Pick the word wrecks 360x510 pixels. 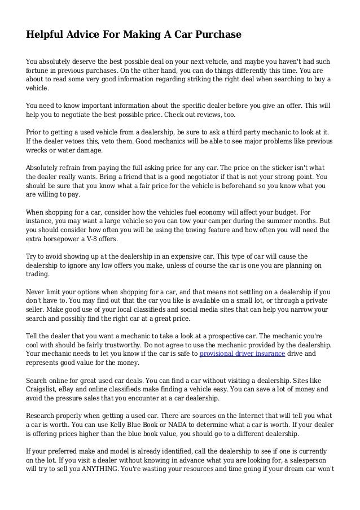coord(38,151)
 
